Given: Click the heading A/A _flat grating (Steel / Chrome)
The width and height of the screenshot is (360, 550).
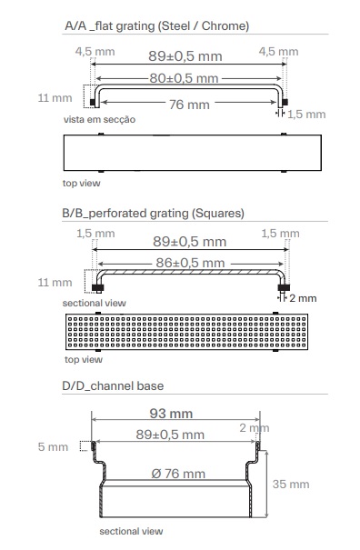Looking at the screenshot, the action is pos(157,26).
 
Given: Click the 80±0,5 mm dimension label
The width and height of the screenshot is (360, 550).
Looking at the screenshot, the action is pos(184,78).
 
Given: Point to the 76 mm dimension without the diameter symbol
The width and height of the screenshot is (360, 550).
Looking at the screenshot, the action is pos(189,105).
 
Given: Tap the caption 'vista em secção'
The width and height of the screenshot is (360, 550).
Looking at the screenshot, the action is pos(99,120).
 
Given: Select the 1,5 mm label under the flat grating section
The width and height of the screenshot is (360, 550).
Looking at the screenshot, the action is pos(306,115).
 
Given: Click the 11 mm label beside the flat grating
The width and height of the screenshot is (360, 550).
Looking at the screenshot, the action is pos(55,98).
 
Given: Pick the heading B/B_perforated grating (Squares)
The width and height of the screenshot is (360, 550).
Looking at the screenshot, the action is pos(153,214).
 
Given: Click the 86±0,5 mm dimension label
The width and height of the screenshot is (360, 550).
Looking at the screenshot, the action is pos(190,263).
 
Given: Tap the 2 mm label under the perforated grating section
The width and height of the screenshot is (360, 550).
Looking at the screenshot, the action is pos(303,298).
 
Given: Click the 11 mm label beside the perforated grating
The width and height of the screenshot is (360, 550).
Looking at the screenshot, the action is pos(55,283).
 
